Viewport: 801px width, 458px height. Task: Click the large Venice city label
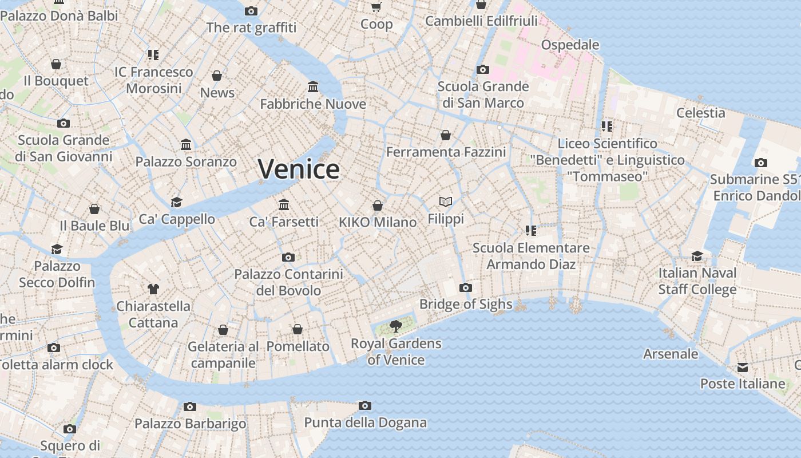299,169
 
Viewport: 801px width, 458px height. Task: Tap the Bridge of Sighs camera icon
466,287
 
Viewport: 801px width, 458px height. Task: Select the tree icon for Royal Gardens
395,326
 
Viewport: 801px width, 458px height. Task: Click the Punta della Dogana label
365,423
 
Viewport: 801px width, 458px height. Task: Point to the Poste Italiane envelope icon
743,367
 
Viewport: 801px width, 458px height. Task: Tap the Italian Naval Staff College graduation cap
697,256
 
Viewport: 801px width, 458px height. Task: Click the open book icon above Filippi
446,202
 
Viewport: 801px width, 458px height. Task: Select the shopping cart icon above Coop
376,7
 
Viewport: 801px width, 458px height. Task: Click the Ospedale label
570,45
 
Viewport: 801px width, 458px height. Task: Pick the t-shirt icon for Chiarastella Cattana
153,289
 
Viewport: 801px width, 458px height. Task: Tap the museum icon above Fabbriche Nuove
313,87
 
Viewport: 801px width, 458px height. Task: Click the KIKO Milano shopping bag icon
378,206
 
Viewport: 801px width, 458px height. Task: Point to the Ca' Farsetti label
284,222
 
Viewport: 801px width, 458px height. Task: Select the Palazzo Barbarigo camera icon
190,407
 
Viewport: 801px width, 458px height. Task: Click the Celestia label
700,113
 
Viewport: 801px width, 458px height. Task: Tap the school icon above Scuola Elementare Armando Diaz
530,231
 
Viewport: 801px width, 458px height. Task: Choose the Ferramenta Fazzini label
446,152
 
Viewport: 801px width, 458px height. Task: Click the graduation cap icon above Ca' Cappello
177,202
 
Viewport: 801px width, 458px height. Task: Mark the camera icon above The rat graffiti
251,11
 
